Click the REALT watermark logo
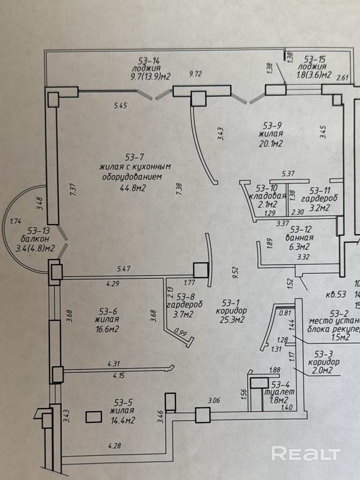pos(306,454)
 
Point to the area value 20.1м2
pos(271,143)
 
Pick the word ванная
pos(297,238)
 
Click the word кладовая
pos(267,196)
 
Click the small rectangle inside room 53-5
pos(94,417)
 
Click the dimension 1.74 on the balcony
pos(15,221)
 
